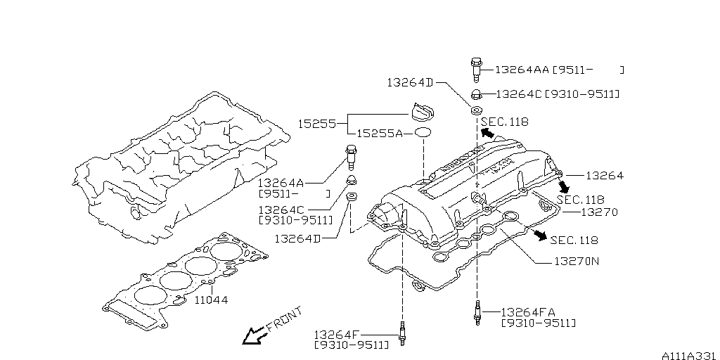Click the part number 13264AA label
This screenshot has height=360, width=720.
pos(522,70)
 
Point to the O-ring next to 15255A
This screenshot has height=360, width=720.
pos(422,133)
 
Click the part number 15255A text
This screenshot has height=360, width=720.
pos(379,133)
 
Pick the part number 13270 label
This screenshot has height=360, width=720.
pos(600,212)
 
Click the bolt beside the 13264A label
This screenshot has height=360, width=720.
pos(351,153)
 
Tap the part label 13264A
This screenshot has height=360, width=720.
pos(281,181)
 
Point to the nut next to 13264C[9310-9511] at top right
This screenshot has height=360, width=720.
pos(475,94)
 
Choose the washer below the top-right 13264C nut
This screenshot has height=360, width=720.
pos(475,110)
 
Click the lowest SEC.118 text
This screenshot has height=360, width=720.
pos(574,240)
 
